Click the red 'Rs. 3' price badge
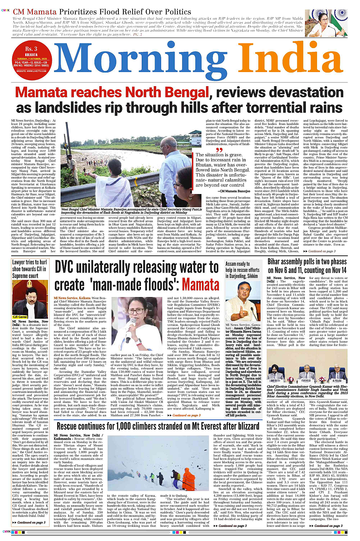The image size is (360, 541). tap(31, 49)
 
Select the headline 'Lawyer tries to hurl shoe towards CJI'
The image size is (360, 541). tap(30, 269)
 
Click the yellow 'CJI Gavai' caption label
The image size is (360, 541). tap(20, 316)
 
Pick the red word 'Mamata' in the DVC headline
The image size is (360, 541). tap(200, 285)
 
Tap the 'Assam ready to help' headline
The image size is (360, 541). tap(242, 270)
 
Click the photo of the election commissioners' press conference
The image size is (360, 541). tap(307, 370)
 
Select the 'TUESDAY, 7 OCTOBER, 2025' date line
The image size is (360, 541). tap(32, 59)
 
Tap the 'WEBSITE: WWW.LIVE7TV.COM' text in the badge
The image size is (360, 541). tap(32, 71)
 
